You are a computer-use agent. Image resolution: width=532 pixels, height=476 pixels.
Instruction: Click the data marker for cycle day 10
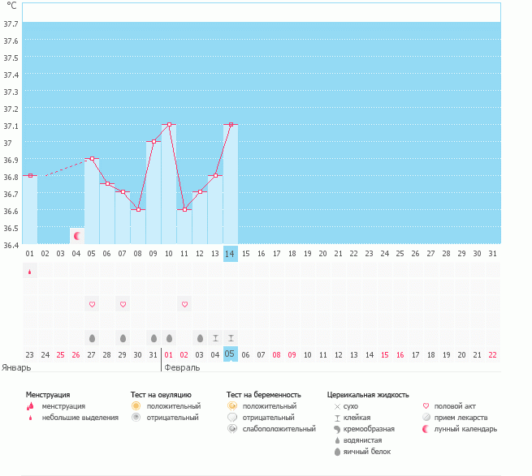(x=169, y=124)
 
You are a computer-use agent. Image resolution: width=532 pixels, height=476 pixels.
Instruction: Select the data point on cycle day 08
(x=138, y=209)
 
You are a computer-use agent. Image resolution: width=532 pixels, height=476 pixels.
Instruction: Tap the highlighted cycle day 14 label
(x=231, y=254)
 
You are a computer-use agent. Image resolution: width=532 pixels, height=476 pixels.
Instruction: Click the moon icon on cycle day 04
(x=77, y=236)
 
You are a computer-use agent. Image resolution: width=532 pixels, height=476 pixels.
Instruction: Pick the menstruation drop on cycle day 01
(x=30, y=272)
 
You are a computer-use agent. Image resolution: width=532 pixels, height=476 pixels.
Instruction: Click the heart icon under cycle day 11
(x=184, y=304)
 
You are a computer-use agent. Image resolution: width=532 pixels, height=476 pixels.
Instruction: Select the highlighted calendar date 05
(x=231, y=354)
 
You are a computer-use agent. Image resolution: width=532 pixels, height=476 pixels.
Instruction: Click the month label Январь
(x=16, y=367)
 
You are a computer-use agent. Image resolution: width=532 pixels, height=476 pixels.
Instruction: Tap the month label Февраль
(x=182, y=367)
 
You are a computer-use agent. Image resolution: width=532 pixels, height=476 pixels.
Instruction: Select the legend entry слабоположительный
(x=279, y=428)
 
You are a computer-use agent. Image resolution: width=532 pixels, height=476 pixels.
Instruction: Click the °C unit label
(x=11, y=6)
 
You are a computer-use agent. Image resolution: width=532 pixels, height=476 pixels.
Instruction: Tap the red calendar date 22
(x=493, y=354)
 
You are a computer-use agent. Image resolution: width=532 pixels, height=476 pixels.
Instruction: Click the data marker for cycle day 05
(x=92, y=159)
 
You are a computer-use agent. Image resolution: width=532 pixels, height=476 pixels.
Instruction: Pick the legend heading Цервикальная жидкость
(x=367, y=394)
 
